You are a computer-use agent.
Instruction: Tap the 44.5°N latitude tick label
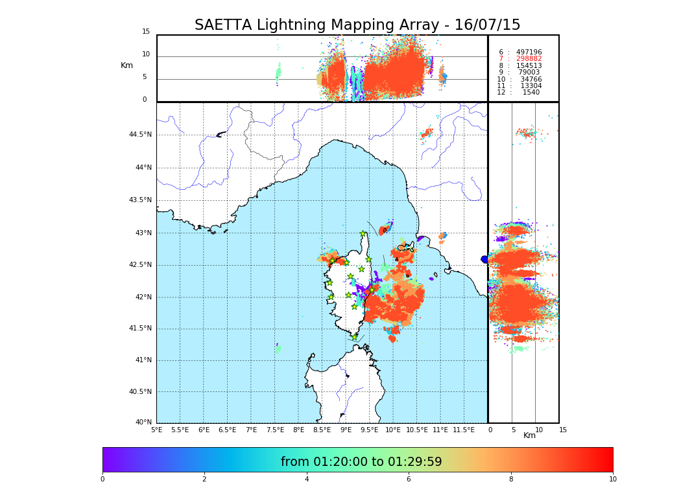pos(140,135)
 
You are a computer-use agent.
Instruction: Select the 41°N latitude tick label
pos(142,360)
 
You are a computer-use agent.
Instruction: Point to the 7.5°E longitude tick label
pos(275,430)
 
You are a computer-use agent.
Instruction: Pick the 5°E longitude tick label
pos(156,430)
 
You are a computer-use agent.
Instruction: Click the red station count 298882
pos(529,59)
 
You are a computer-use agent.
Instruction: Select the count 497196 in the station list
pos(529,52)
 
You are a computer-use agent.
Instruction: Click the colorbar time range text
pos(361,462)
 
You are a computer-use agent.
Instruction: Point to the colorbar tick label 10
pos(612,480)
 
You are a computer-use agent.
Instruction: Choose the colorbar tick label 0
pos(102,480)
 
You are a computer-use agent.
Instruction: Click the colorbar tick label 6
pos(409,480)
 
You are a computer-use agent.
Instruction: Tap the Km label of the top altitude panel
pos(126,65)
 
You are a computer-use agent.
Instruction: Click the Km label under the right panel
pos(529,435)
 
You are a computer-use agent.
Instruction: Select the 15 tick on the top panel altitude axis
pos(146,32)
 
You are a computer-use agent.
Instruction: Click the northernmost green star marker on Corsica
pos(363,234)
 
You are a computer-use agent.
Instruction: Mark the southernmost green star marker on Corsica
pos(354,337)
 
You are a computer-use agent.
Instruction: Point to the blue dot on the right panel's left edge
pos(484,259)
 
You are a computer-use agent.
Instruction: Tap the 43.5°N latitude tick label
pos(140,200)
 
